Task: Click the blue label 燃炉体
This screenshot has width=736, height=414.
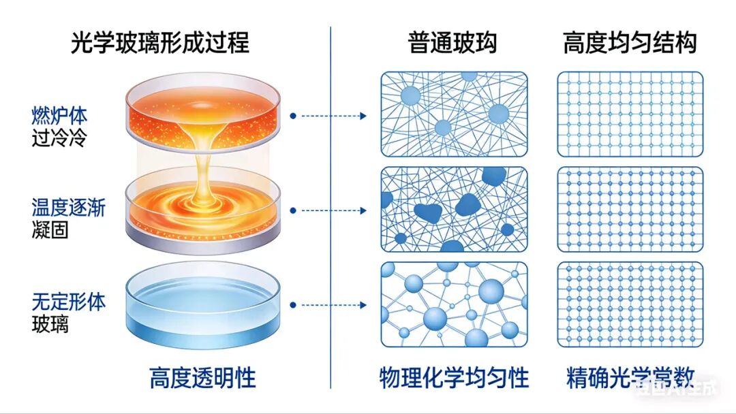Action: [x=59, y=114]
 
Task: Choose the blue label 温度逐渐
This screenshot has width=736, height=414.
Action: [x=68, y=207]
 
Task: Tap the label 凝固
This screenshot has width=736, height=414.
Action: [x=50, y=230]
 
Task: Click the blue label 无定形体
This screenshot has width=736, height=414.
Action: [x=68, y=301]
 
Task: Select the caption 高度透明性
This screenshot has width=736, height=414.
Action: [x=202, y=378]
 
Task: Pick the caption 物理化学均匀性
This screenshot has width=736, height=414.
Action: [x=454, y=378]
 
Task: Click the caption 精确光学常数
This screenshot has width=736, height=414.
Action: [x=630, y=378]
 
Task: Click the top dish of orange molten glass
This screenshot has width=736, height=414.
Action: [x=202, y=112]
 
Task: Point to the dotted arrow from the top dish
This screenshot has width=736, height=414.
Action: [x=328, y=116]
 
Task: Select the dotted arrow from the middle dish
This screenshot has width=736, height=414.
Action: [x=328, y=210]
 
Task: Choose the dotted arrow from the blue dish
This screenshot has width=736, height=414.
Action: [x=328, y=305]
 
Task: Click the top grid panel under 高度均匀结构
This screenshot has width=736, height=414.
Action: [x=630, y=114]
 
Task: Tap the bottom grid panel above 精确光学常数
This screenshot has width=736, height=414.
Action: [x=630, y=304]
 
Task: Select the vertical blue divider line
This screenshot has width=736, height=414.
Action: [x=331, y=204]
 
